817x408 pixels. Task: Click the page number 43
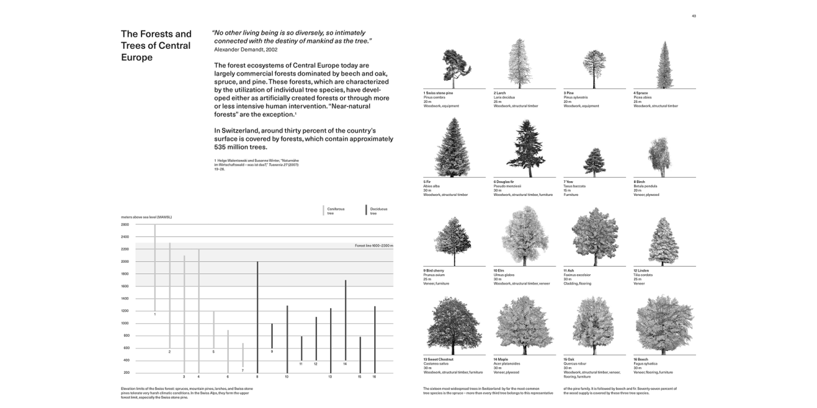click(x=693, y=16)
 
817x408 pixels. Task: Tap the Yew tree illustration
click(x=594, y=163)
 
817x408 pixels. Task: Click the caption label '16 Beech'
click(x=641, y=360)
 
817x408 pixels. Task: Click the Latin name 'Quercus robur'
click(x=574, y=364)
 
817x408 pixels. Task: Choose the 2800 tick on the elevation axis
click(x=125, y=225)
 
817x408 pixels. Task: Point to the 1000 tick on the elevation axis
click(x=125, y=323)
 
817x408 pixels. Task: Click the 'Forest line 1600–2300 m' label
click(x=374, y=246)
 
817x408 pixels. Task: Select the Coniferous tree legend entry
click(x=332, y=211)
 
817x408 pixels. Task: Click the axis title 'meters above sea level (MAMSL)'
click(x=146, y=218)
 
